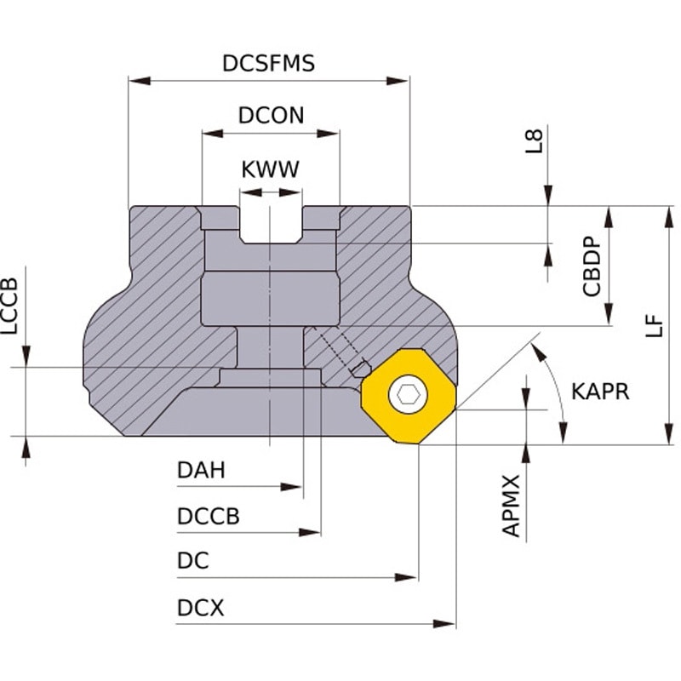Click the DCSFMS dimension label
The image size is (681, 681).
(268, 63)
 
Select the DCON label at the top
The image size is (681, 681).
(271, 116)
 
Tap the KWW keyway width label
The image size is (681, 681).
(270, 169)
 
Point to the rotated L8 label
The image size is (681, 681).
(535, 141)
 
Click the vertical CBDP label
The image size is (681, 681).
(592, 266)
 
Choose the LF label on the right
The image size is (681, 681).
(654, 326)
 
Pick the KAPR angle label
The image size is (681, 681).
(600, 392)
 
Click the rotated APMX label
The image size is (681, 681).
(511, 506)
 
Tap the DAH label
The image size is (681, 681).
(201, 471)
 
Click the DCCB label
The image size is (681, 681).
(209, 517)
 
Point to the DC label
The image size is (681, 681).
(193, 561)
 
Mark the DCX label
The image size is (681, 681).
(201, 608)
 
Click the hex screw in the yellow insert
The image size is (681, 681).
(409, 395)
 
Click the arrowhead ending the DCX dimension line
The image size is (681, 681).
(444, 624)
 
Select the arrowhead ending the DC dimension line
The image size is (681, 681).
(406, 578)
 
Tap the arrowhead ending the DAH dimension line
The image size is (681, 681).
(291, 487)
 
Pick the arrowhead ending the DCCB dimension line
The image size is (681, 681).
(310, 533)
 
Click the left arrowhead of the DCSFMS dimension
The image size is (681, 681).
(140, 81)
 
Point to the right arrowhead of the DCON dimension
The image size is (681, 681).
(328, 134)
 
